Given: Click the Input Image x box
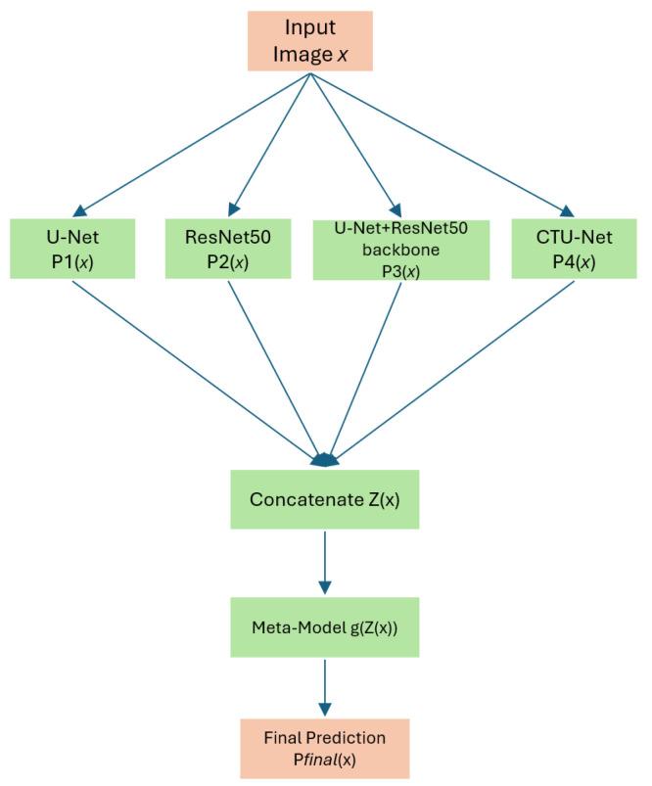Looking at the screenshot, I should (309, 40).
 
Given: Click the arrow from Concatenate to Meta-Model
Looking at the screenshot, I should (324, 563).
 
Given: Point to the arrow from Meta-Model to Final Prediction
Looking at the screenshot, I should (324, 690).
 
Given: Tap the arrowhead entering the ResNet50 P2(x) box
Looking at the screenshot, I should (231, 209).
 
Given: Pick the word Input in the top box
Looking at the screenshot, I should (309, 28).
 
